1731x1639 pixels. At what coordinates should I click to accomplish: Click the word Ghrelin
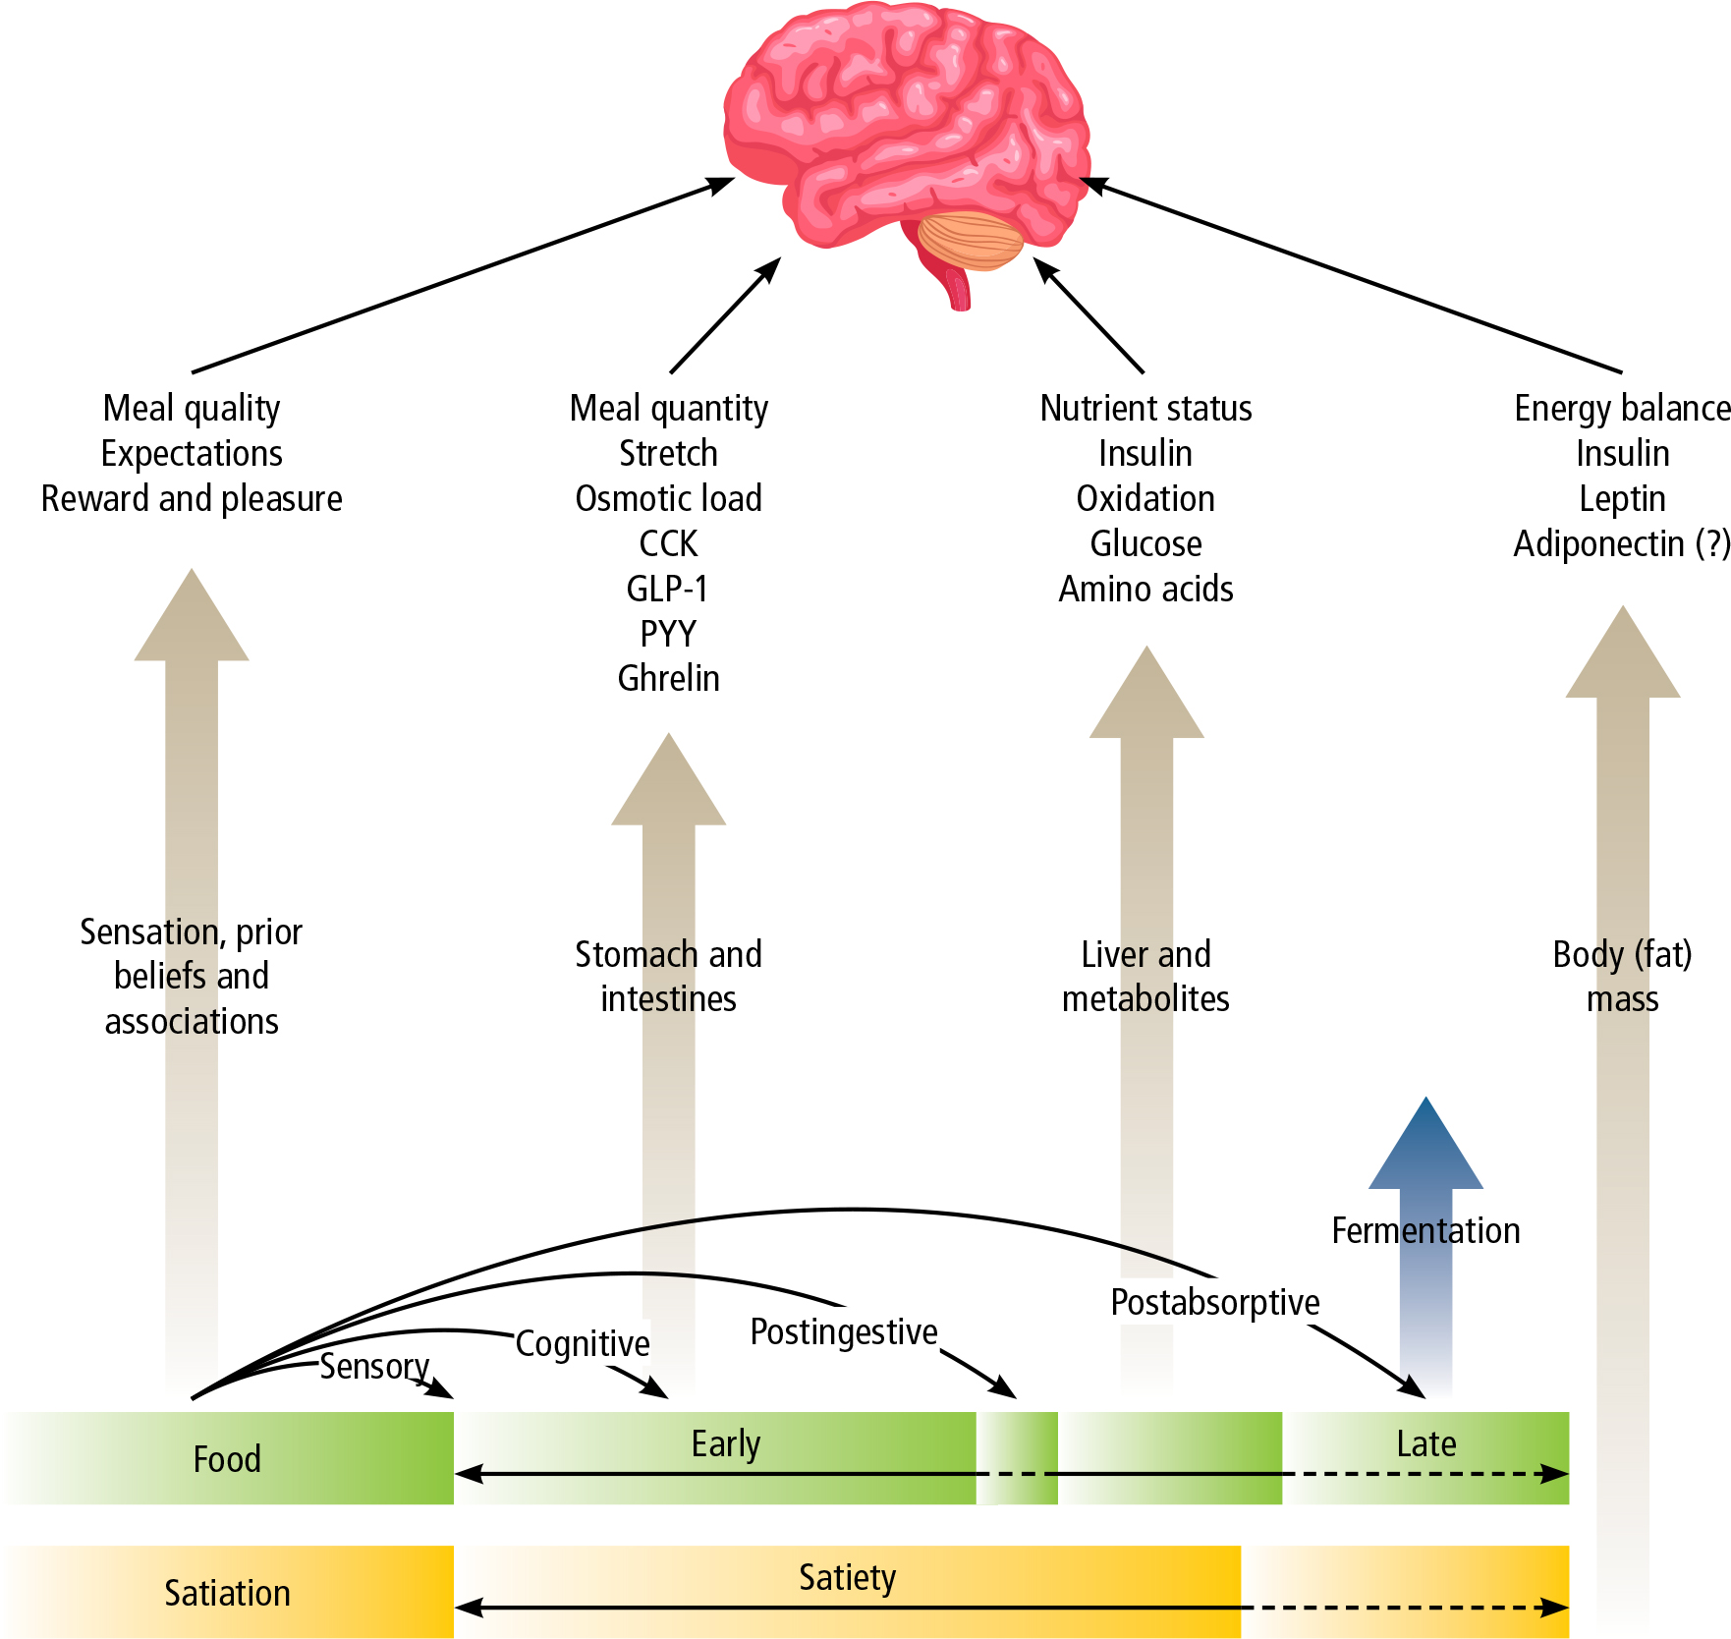point(668,679)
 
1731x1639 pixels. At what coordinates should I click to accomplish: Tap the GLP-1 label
point(668,589)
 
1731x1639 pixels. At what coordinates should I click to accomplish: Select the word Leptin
point(1622,498)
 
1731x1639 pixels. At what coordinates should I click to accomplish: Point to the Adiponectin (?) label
point(1621,543)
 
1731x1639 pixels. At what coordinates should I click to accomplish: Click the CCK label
point(668,543)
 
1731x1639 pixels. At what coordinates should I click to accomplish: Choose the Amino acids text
point(1145,589)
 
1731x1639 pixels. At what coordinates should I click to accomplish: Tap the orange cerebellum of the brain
point(971,241)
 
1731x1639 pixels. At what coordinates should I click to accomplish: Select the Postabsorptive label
point(1215,1302)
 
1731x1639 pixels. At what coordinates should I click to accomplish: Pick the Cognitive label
point(583,1343)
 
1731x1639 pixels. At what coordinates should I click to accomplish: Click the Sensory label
point(374,1366)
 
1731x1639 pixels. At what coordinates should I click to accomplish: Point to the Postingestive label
point(844,1332)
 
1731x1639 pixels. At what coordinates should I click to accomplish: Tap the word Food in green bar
point(227,1459)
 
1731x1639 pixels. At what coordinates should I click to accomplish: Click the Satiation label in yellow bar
point(227,1593)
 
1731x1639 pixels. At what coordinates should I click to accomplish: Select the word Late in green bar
point(1425,1443)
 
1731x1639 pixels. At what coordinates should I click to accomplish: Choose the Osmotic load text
point(668,498)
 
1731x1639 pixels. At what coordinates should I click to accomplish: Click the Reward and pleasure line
point(192,498)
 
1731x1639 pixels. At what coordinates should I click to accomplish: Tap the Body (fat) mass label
point(1622,977)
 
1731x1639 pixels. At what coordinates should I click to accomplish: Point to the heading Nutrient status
point(1145,408)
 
